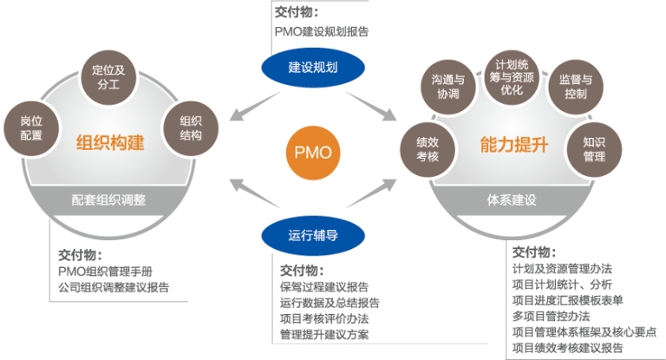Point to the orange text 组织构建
click(110, 143)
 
